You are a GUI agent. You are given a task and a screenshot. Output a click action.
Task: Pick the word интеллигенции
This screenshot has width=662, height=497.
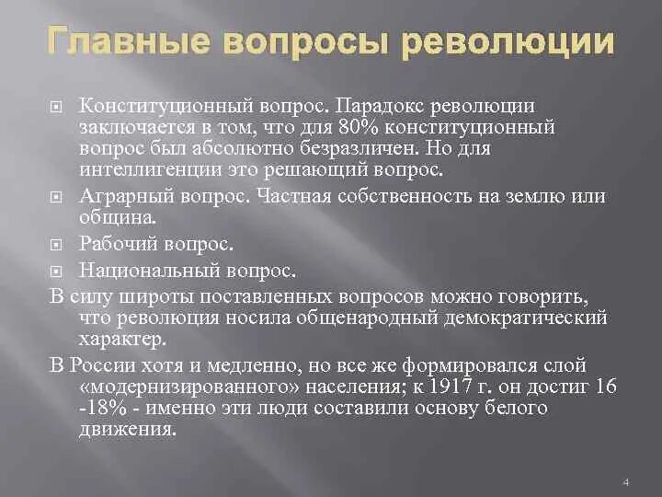point(146,169)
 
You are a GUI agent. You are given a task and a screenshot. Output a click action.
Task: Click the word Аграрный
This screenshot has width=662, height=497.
point(120,196)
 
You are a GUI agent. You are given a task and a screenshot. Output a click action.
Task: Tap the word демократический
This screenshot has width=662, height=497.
point(540,318)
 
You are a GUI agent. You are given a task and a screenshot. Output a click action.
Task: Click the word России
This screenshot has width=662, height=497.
point(98,364)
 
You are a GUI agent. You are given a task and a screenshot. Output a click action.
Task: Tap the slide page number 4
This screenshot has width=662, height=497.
point(625,481)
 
